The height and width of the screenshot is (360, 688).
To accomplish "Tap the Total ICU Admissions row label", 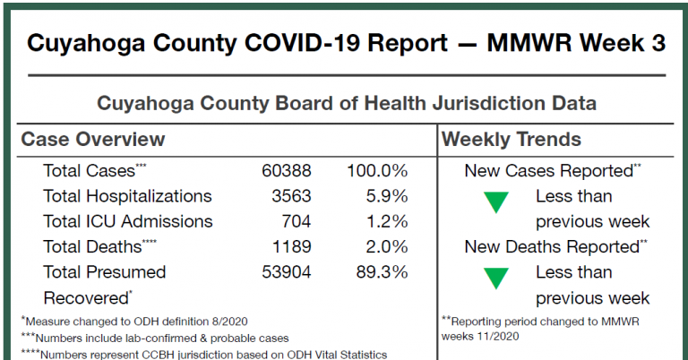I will pyautogui.click(x=127, y=221).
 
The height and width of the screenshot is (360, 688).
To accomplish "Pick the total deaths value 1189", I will pyautogui.click(x=289, y=246).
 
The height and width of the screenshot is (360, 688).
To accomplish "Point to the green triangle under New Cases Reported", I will pyautogui.click(x=495, y=202).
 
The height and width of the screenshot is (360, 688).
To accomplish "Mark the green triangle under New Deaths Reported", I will pyautogui.click(x=495, y=279).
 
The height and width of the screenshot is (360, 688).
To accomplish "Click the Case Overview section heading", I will pyautogui.click(x=92, y=140).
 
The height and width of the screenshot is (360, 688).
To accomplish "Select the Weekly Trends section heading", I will pyautogui.click(x=512, y=140).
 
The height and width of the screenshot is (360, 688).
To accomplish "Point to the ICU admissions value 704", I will pyautogui.click(x=294, y=221).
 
